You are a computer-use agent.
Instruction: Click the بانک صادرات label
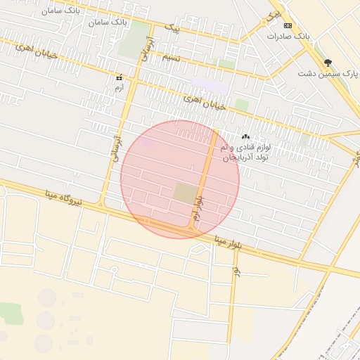[289, 35]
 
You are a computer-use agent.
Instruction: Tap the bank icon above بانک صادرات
[289, 25]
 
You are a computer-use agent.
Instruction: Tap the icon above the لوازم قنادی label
[245, 136]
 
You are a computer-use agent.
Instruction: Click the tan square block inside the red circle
[186, 193]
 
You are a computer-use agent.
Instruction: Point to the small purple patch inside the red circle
[148, 143]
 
